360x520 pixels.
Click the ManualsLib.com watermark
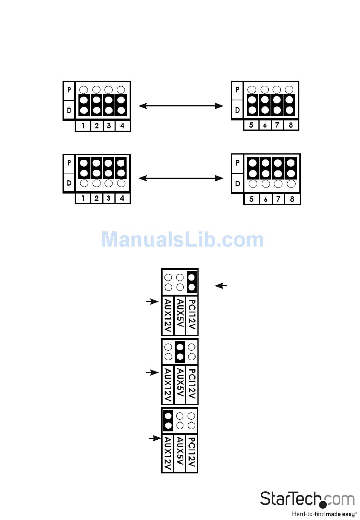pos(182,239)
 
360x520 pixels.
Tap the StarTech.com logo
pos(307,499)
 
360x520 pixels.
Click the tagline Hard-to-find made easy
pos(324,514)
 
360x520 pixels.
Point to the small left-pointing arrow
pos(221,286)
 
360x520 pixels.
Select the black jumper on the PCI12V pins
pos(192,282)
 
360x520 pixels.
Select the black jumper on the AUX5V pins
pos(180,352)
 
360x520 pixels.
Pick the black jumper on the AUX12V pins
pos(168,420)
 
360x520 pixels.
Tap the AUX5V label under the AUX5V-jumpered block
pos(180,385)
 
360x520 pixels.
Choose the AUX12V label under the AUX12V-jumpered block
pos(168,454)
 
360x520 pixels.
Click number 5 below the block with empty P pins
pos(251,125)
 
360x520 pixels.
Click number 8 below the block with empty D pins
pos(292,199)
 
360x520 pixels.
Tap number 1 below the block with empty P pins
pos(83,126)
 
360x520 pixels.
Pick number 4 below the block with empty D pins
pos(122,198)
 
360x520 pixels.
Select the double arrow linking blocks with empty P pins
pos(181,106)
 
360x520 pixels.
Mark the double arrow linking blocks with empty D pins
pos(181,178)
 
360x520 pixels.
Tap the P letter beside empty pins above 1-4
pos(69,90)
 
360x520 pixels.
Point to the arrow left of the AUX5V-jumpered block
pos(152,373)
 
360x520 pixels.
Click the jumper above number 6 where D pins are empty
pos(265,168)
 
